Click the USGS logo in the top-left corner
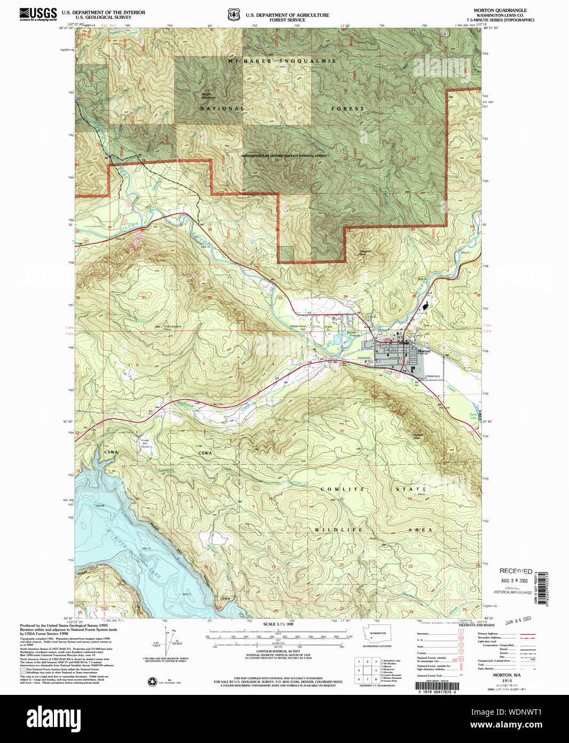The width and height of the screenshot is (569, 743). pyautogui.click(x=38, y=14)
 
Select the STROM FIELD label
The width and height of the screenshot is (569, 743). pyautogui.click(x=433, y=377)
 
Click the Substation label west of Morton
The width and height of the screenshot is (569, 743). pyautogui.click(x=364, y=358)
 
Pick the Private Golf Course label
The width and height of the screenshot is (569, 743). pyautogui.click(x=145, y=443)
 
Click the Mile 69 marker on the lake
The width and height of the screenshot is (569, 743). pyautogui.click(x=100, y=505)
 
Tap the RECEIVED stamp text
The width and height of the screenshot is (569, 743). pyautogui.click(x=516, y=571)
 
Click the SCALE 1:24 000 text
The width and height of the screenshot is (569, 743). pyautogui.click(x=278, y=624)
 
